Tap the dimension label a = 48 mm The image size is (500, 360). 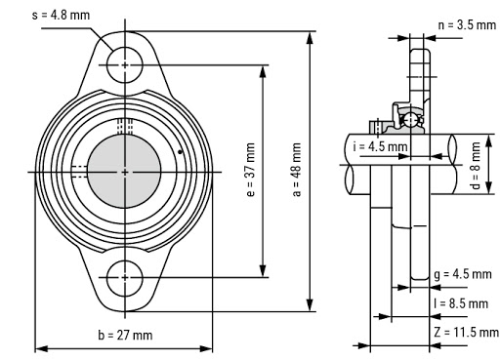(296, 171)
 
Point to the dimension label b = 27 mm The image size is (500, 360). (125, 336)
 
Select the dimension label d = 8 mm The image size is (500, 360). (476, 155)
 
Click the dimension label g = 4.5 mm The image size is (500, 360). (462, 275)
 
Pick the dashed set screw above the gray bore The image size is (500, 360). (125, 125)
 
